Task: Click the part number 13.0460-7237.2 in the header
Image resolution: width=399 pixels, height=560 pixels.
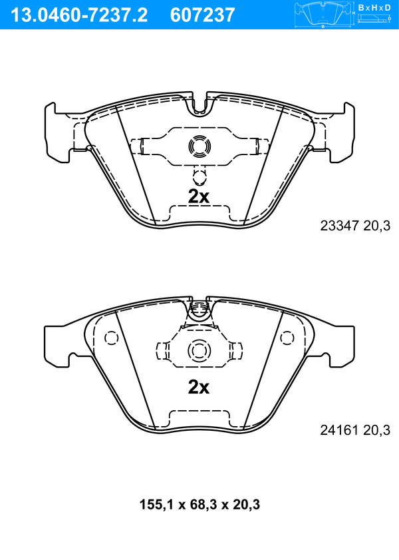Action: pos(79,15)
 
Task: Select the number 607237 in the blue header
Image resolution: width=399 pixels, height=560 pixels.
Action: pos(203,15)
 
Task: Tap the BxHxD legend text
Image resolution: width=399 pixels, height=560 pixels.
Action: pos(374,7)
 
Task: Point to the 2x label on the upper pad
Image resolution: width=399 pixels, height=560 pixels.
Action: pos(199,196)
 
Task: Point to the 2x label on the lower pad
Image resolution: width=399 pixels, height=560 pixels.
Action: pos(199,386)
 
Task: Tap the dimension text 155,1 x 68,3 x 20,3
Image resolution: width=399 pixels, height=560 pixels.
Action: pos(199,505)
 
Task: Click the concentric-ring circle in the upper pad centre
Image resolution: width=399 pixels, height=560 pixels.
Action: pos(199,146)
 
